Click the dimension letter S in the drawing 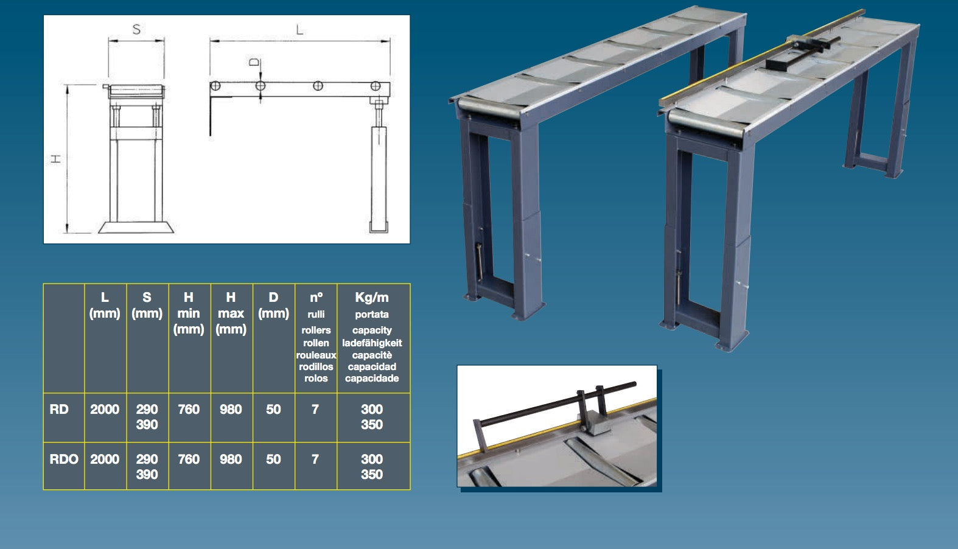pos(136,29)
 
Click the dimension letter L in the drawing pos(299,29)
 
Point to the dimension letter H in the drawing pos(55,159)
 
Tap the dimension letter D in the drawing pos(254,63)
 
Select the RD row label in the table pos(59,409)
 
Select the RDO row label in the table pos(64,459)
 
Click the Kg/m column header pos(372,297)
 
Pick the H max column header pos(231,313)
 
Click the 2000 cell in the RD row pos(105,409)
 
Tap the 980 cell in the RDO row pos(231,459)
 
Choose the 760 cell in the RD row pos(189,409)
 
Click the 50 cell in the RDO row pos(274,459)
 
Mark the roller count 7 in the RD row pos(315,409)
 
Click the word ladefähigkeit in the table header pos(372,343)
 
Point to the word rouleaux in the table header pos(316,355)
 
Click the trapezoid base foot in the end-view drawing pos(136,227)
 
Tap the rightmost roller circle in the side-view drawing pos(376,86)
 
